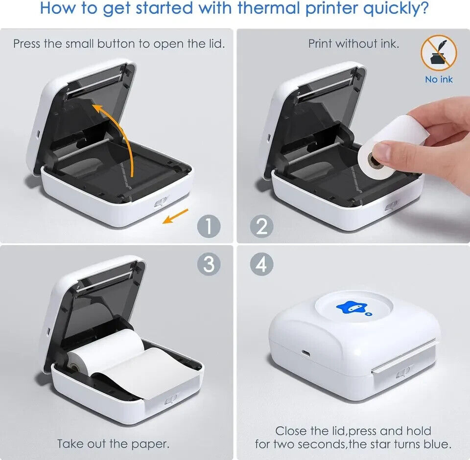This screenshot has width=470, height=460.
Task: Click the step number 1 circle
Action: (x=209, y=226)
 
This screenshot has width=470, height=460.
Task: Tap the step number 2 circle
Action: (x=261, y=226)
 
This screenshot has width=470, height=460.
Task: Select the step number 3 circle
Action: (x=209, y=264)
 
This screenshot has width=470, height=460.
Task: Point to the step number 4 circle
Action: (x=261, y=264)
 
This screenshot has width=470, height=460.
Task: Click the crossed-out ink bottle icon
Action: (x=439, y=53)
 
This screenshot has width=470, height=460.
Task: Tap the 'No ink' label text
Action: (x=439, y=79)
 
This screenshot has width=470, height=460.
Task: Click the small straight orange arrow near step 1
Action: (x=175, y=216)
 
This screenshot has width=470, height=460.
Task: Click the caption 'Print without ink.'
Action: (x=353, y=44)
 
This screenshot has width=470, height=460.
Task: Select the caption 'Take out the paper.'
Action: (x=113, y=444)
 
